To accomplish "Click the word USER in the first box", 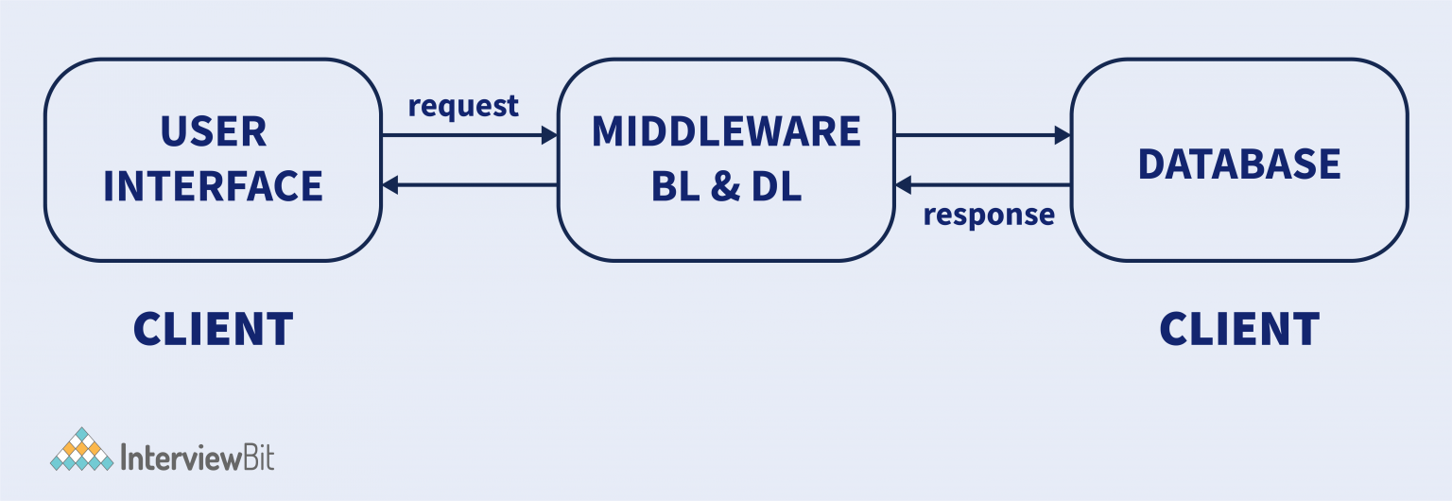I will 213,132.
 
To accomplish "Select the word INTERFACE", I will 213,186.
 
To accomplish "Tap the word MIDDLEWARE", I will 726,132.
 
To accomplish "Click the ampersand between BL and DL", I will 725,186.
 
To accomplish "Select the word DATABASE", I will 1238,164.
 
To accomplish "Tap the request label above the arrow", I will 463,106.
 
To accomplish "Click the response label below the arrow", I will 988,215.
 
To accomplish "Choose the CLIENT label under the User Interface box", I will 213,330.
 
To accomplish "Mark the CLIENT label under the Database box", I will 1238,330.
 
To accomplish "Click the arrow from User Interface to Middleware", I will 468,136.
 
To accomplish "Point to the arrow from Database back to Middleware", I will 983,185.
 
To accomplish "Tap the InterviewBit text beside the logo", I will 199,458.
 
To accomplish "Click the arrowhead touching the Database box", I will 1062,136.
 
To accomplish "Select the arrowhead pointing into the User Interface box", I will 390,185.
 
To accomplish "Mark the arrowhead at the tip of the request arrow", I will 549,136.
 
